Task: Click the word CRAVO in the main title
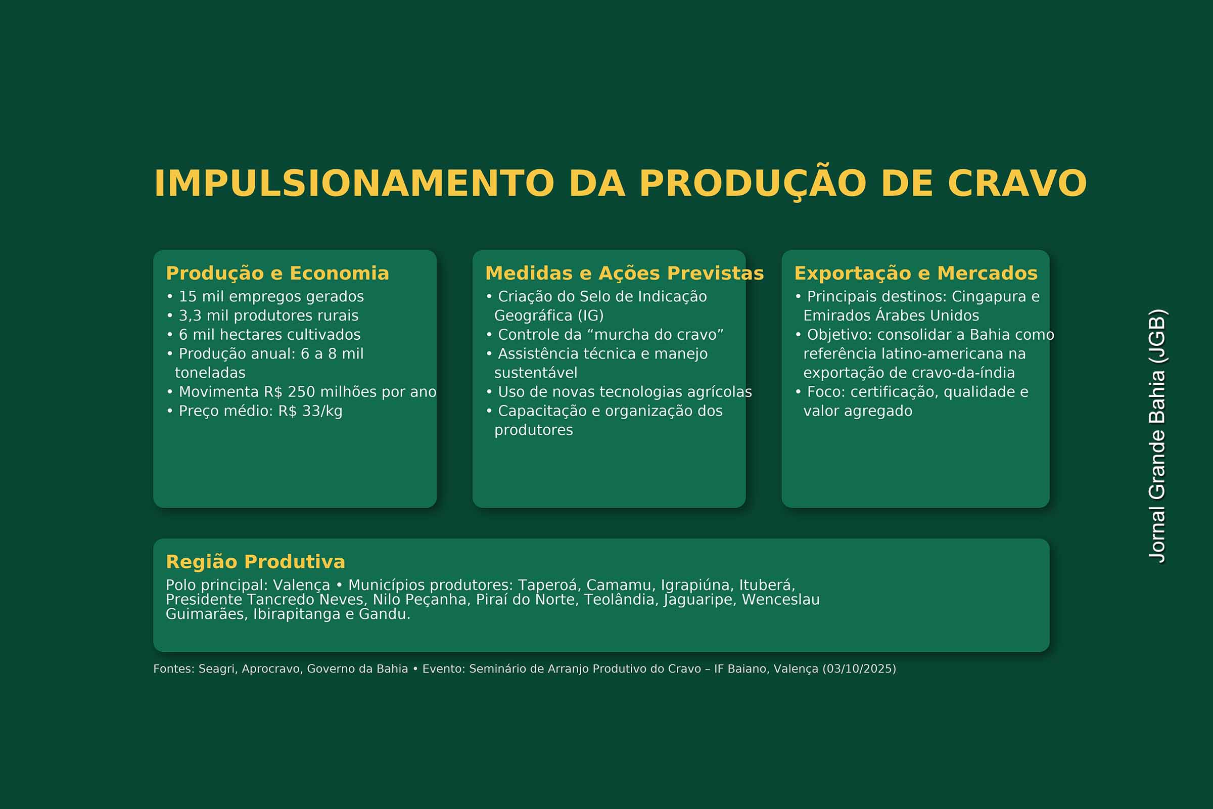pyautogui.click(x=1017, y=183)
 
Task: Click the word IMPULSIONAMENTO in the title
pyautogui.click(x=354, y=183)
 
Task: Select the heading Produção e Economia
pyautogui.click(x=277, y=273)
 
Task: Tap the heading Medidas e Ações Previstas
pyautogui.click(x=625, y=273)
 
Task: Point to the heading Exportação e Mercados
pyautogui.click(x=916, y=273)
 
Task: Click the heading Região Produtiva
pyautogui.click(x=255, y=561)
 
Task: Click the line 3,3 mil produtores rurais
pyautogui.click(x=262, y=316)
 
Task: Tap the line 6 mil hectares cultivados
pyautogui.click(x=263, y=335)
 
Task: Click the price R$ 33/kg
pyautogui.click(x=310, y=411)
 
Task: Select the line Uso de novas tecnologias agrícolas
pyautogui.click(x=619, y=392)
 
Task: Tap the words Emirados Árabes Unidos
pyautogui.click(x=891, y=316)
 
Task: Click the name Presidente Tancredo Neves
pyautogui.click(x=265, y=600)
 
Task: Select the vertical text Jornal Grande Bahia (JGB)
pyautogui.click(x=1157, y=436)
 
